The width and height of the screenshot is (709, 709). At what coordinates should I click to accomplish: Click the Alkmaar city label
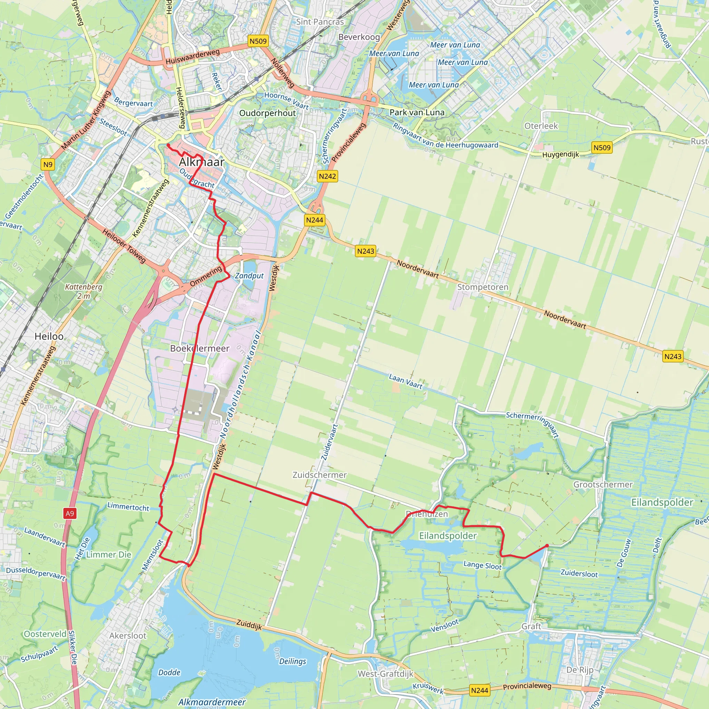pos(201,162)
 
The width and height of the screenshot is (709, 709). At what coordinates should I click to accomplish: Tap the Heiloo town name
pos(49,336)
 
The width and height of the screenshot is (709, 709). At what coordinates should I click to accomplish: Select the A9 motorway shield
pos(70,513)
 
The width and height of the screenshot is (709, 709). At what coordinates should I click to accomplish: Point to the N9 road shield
pos(48,164)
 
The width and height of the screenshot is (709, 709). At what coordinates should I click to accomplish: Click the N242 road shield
pos(327,176)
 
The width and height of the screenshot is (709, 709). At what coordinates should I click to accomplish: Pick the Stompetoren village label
pos(483,287)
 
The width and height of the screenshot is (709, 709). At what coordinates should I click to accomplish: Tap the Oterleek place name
pos(541,126)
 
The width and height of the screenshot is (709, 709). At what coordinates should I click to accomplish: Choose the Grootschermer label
pos(603,484)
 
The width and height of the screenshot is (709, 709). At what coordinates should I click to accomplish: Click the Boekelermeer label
pos(200,348)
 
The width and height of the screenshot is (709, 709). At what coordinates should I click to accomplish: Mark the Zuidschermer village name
pos(319,475)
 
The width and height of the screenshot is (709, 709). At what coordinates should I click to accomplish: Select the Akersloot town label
pos(128,636)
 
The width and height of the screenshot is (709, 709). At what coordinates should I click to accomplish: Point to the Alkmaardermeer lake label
pos(212,702)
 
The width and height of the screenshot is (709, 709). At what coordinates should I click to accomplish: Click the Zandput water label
pos(249,276)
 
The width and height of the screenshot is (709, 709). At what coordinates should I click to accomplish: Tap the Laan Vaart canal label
pos(405,381)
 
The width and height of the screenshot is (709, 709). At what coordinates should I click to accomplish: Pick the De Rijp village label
pos(580,670)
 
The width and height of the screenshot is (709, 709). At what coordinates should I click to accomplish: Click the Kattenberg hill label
pos(84,287)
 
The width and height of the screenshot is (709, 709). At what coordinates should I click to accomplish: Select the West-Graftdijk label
pos(385,674)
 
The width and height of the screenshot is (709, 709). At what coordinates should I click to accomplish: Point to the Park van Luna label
pos(417,112)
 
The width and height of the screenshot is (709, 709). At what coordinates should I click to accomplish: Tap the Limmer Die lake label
pos(109,555)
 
